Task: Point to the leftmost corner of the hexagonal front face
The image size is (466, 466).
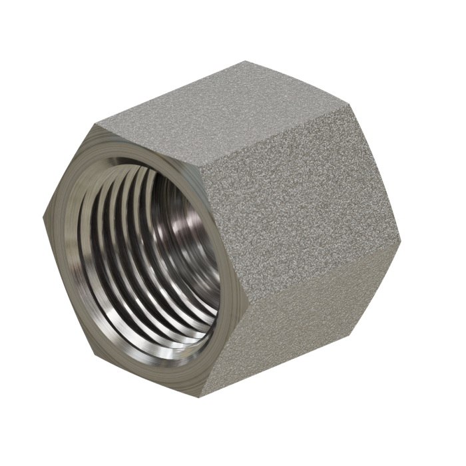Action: click(x=44, y=220)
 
